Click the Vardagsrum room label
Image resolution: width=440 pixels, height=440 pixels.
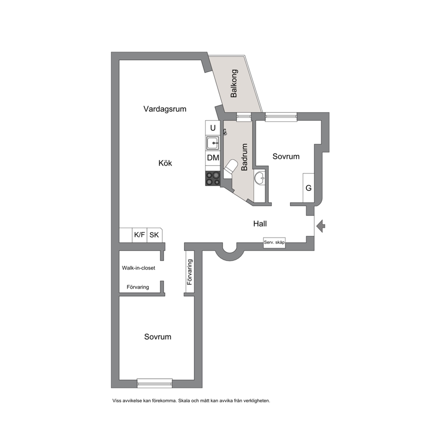[165, 109]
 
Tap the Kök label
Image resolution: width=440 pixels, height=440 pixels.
[165, 163]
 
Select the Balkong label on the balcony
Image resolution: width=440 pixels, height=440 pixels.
[234, 83]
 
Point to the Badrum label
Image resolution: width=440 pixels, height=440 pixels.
[244, 157]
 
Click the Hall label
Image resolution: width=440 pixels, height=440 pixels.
[260, 224]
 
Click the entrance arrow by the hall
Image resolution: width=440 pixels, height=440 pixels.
[321, 226]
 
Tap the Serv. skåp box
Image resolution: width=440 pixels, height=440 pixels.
[274, 243]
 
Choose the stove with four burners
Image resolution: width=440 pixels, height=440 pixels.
[213, 179]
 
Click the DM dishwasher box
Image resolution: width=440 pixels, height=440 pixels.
[213, 158]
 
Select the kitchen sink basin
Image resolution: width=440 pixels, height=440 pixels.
[213, 143]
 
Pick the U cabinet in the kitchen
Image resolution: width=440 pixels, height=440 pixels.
[213, 128]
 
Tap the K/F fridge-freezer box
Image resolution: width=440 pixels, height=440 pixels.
[139, 235]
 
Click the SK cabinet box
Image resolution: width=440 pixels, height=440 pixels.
[154, 235]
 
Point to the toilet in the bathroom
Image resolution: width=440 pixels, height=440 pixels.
[230, 168]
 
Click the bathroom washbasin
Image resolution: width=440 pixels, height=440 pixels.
[259, 177]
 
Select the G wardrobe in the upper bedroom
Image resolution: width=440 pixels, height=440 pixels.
[308, 188]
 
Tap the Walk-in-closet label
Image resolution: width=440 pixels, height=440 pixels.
[138, 268]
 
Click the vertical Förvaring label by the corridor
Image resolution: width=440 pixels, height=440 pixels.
[190, 272]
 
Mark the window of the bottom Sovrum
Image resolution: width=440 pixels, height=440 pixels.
[155, 383]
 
